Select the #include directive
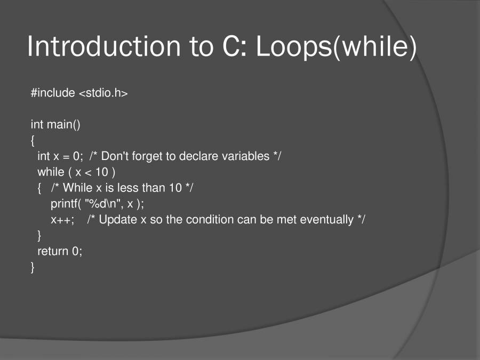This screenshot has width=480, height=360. click(x=53, y=93)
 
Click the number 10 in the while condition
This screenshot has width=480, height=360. click(x=102, y=172)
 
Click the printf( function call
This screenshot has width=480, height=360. click(x=66, y=204)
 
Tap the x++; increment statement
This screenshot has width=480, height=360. click(x=62, y=220)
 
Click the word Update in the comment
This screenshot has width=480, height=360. click(x=118, y=219)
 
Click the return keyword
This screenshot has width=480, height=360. click(x=53, y=251)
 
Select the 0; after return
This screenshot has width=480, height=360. click(x=77, y=251)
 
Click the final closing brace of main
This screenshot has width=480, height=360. click(x=33, y=267)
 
